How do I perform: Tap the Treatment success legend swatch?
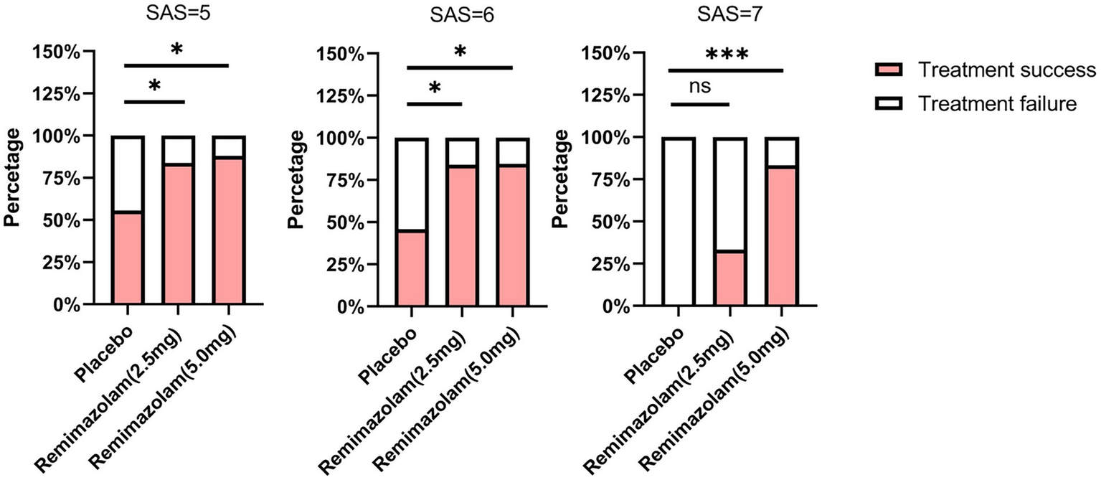click(x=893, y=70)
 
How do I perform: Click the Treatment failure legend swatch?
click(x=893, y=104)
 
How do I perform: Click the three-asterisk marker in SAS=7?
click(x=727, y=55)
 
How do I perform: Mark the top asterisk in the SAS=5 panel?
click(x=176, y=50)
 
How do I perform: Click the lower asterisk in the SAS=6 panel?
click(x=435, y=90)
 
